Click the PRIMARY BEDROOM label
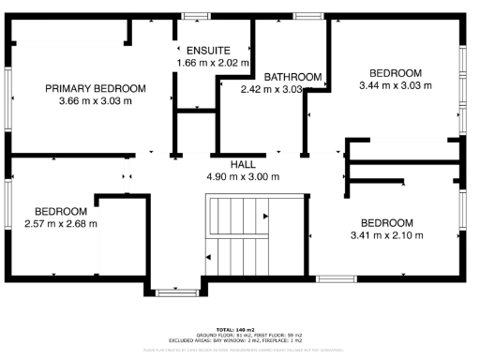tap(96, 88)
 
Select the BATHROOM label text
tap(292, 77)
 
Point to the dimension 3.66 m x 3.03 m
tap(96, 100)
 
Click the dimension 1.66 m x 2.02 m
tap(213, 63)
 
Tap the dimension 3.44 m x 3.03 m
tap(395, 85)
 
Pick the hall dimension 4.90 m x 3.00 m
tap(243, 175)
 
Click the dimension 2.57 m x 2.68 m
tap(61, 223)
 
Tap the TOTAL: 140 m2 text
tap(240, 330)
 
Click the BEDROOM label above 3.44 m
tap(395, 73)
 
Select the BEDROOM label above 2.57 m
tap(61, 211)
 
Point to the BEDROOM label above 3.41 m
tap(388, 222)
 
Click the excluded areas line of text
tap(240, 340)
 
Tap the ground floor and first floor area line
tap(240, 336)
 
